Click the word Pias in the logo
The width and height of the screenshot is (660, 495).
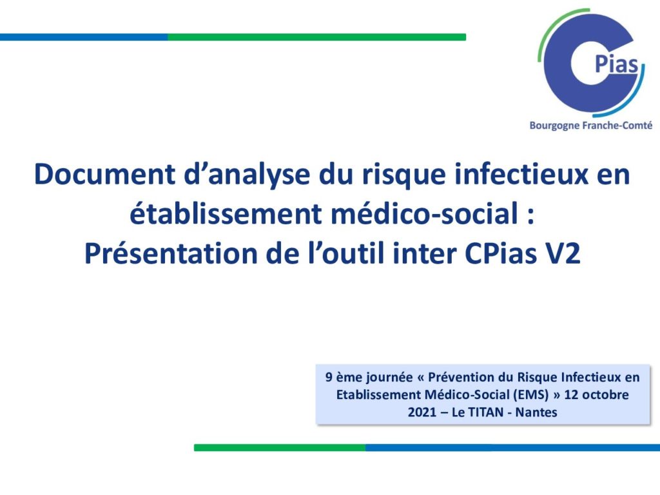click(617, 65)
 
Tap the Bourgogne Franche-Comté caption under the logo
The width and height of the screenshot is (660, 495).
click(591, 126)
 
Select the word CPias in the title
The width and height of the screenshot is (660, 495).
click(500, 254)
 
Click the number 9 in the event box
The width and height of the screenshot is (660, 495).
click(329, 377)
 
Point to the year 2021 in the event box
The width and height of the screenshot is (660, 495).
click(422, 412)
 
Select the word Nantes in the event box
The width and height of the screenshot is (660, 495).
click(536, 412)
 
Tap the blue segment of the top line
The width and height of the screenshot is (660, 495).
click(84, 37)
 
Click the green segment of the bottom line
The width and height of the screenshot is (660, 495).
click(280, 447)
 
